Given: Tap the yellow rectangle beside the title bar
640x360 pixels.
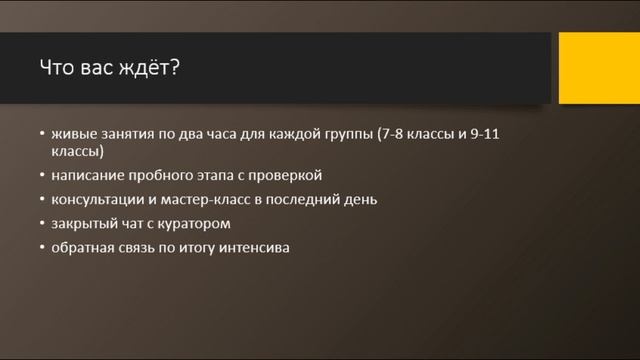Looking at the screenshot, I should [x=599, y=67].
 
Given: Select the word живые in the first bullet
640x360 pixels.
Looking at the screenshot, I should [x=71, y=134].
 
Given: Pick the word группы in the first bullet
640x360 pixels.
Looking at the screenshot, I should [x=353, y=134].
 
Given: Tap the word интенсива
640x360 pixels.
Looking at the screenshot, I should [x=256, y=247].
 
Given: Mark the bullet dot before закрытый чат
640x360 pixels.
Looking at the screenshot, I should [x=42, y=224].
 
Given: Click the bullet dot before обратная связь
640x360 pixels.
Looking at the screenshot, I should [x=42, y=248].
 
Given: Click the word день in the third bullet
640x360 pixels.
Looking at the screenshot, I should [x=360, y=199].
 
